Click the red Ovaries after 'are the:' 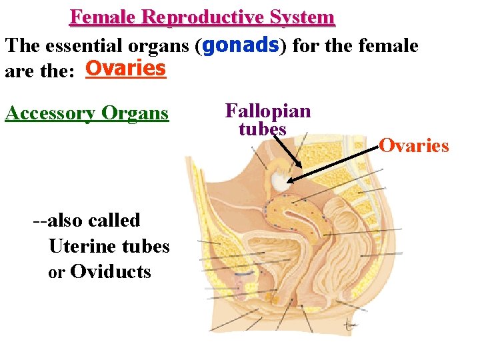(126, 69)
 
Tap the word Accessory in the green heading (50, 113)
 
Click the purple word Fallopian (268, 111)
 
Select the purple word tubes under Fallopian (263, 129)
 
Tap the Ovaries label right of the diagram (414, 145)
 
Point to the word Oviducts (110, 272)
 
